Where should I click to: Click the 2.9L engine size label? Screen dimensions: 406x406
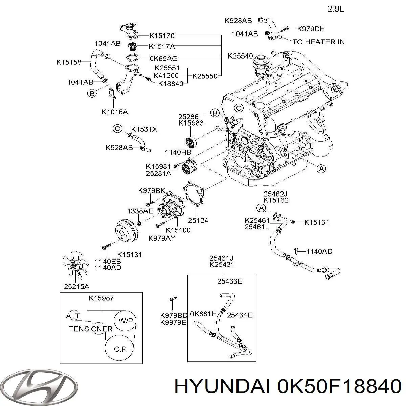(336, 9)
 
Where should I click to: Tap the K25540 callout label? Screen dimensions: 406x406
(240, 56)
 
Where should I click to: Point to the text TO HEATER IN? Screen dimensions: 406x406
(319, 42)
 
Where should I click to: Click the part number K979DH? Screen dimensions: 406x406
(311, 29)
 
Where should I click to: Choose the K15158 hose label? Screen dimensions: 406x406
(69, 62)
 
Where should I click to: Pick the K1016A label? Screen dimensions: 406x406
(115, 112)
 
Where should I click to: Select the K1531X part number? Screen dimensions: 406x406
(144, 129)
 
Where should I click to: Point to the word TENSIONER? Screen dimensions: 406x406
(90, 329)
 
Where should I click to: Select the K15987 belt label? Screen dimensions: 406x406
(101, 298)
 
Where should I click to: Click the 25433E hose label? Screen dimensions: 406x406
(230, 281)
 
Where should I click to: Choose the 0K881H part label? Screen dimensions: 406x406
(203, 313)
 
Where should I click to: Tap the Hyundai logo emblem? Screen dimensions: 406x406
(39, 385)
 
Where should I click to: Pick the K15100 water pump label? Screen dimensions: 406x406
(178, 230)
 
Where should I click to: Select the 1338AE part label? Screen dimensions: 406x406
(140, 211)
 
